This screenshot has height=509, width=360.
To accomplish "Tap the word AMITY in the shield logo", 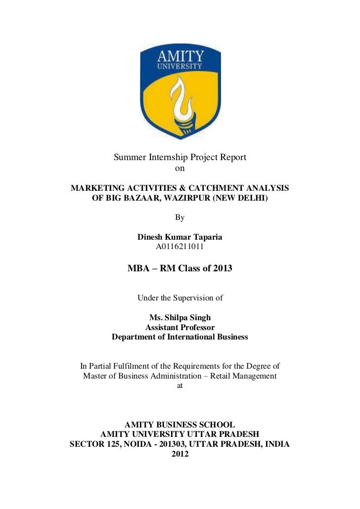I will click(180, 55).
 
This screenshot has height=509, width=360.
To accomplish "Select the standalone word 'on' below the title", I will click(180, 169).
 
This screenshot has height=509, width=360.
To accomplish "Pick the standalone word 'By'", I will click(180, 217).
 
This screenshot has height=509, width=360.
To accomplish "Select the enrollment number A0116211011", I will click(180, 246).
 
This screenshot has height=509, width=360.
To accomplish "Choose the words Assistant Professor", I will click(180, 327).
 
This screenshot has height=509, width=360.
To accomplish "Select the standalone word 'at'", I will click(180, 386).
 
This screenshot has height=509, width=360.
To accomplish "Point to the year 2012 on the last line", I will click(180, 454).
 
